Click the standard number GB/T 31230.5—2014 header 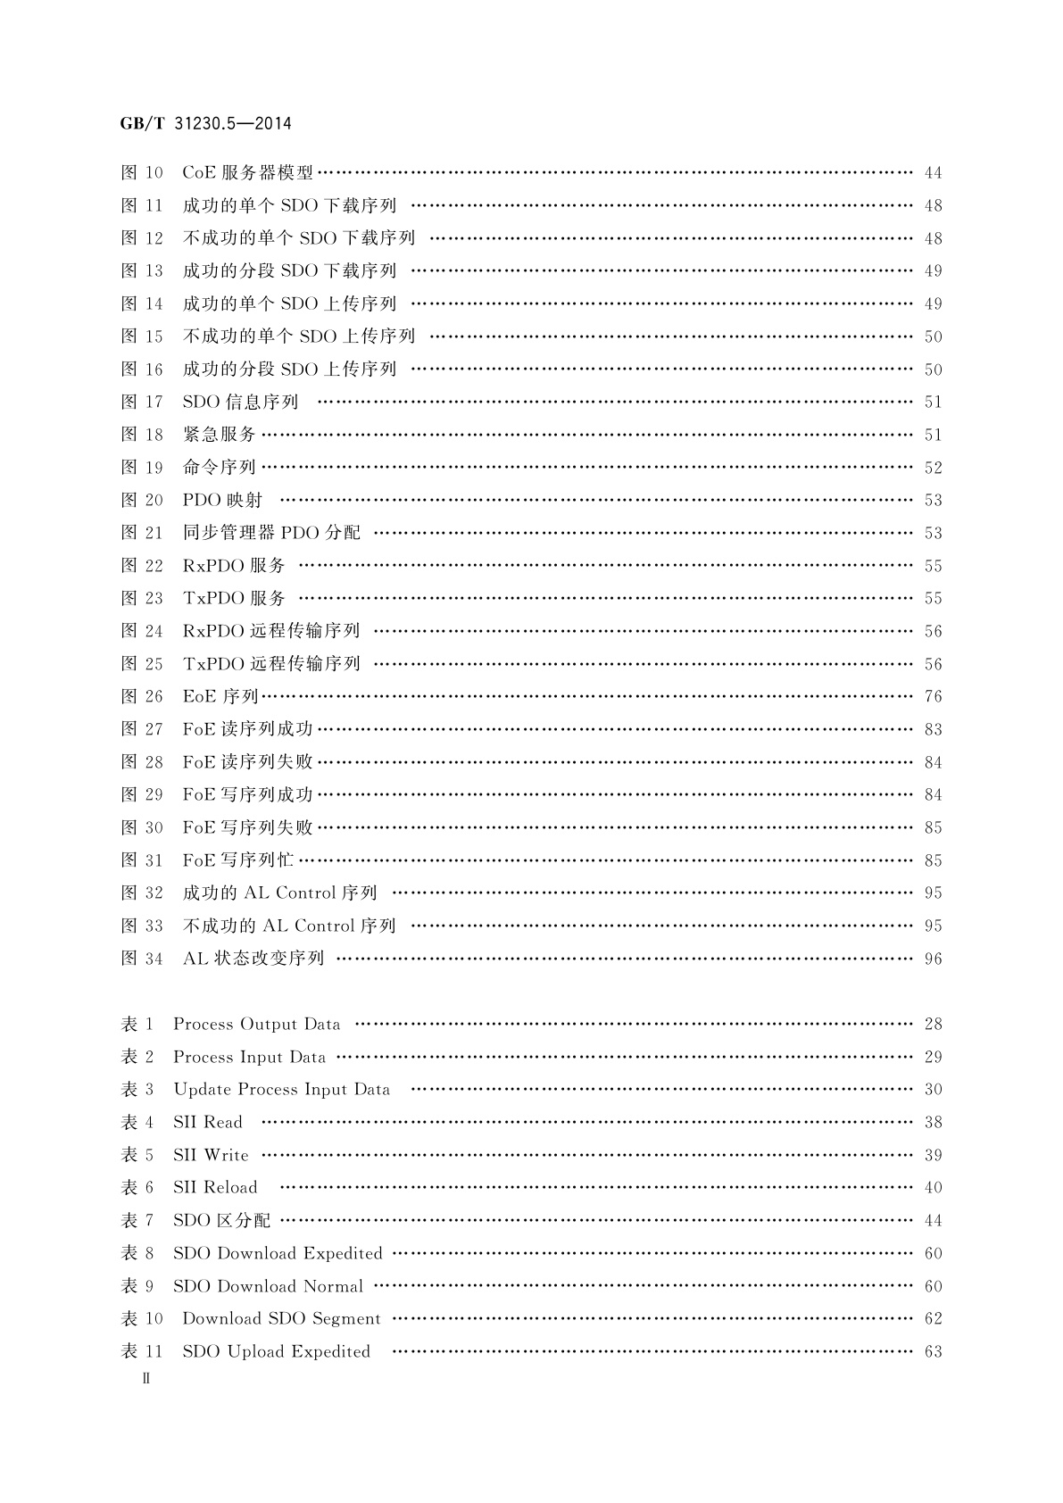coord(205,124)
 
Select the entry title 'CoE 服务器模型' coord(248,172)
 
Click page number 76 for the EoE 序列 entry coord(933,696)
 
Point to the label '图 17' coord(142,402)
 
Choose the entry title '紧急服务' coord(220,435)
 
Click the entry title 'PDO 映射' coord(222,500)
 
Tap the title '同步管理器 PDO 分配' coord(271,533)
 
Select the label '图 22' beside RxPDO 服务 coord(142,566)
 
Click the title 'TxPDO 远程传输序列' coord(271,664)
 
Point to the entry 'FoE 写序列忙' coord(238,860)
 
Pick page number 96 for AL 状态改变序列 coord(933,959)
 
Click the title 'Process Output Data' coord(257,1024)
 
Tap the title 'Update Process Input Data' coord(281,1089)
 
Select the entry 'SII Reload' coord(215,1187)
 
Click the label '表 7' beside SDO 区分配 coord(137,1220)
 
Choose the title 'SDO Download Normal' coord(268,1286)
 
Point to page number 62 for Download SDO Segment coord(933,1318)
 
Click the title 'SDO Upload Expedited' coord(276,1351)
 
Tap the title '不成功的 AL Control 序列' coord(289,926)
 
